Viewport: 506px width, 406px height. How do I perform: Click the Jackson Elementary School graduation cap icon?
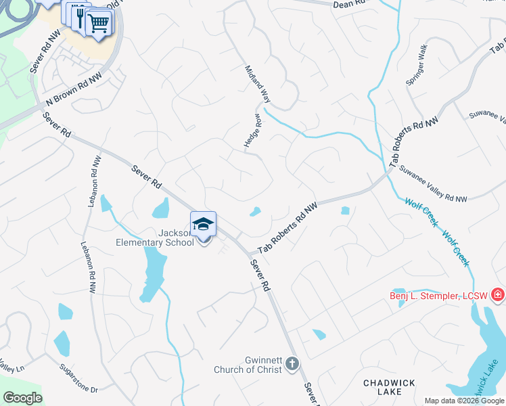203,224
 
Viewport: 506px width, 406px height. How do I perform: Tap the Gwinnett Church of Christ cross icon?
292,363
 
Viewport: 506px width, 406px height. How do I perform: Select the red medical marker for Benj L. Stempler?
498,294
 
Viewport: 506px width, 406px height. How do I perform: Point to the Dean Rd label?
349,4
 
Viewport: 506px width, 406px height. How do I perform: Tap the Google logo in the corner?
22,398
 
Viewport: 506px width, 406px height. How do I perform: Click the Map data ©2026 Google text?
464,401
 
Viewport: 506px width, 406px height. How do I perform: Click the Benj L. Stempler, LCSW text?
440,296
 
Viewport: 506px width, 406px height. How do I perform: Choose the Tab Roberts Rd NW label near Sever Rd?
287,231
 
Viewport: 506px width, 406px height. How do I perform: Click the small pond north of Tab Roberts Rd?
255,212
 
